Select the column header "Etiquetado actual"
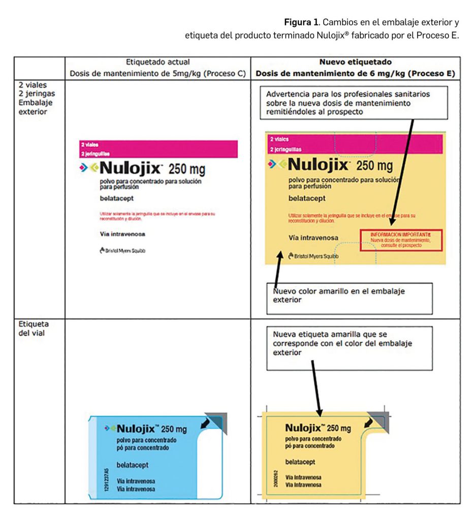point(157,62)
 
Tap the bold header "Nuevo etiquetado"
point(355,62)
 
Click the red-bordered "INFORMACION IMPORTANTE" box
point(400,240)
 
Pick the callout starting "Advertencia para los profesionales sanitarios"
point(354,103)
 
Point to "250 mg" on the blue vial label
point(173,429)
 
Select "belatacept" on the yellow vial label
point(300,462)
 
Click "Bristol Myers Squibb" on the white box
point(123,250)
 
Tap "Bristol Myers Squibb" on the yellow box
point(310,256)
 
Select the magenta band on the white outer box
point(159,148)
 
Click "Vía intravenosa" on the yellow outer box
point(313,237)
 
